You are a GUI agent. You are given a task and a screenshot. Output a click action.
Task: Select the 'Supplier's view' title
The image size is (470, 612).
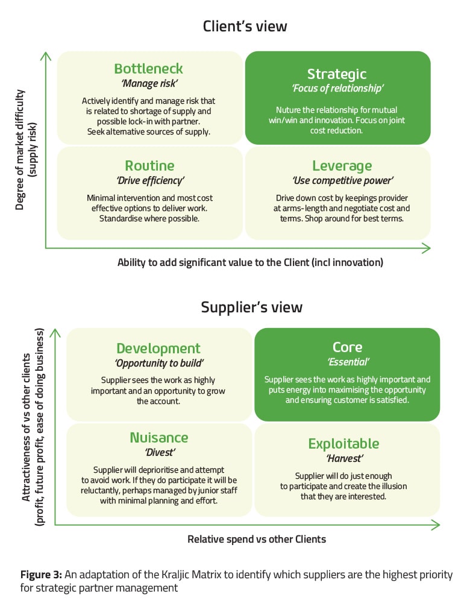[x=252, y=308]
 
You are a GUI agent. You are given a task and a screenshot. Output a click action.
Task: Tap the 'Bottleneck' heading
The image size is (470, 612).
[x=148, y=69]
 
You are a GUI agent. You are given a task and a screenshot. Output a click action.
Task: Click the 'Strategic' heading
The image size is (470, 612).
[x=337, y=74]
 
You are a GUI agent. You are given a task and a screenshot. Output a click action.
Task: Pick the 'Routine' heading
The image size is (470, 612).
[x=149, y=165]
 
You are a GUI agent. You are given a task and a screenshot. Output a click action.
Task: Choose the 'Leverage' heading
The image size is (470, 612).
[x=342, y=166]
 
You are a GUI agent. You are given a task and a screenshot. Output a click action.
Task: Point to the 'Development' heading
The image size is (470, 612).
[x=158, y=349]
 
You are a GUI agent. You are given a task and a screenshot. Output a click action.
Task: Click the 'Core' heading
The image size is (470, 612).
[x=347, y=347]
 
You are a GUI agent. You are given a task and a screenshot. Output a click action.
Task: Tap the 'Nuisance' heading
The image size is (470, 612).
[x=159, y=437]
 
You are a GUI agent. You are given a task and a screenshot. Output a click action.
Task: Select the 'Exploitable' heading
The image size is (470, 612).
[x=343, y=444]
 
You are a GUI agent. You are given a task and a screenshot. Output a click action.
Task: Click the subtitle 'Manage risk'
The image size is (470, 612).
[x=149, y=84]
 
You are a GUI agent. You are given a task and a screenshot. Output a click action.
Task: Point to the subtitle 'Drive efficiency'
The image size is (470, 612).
[x=149, y=180]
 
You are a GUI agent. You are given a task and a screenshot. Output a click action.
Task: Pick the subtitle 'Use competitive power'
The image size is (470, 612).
[x=342, y=180]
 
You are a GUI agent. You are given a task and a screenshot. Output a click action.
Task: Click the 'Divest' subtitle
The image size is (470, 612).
[x=159, y=452]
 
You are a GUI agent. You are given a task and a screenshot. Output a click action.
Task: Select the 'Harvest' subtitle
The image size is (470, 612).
[x=343, y=458]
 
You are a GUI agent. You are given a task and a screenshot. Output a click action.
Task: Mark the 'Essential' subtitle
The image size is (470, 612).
[x=348, y=362]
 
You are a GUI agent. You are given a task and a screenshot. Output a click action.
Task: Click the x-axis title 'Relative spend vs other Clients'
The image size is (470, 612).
[x=257, y=539]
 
